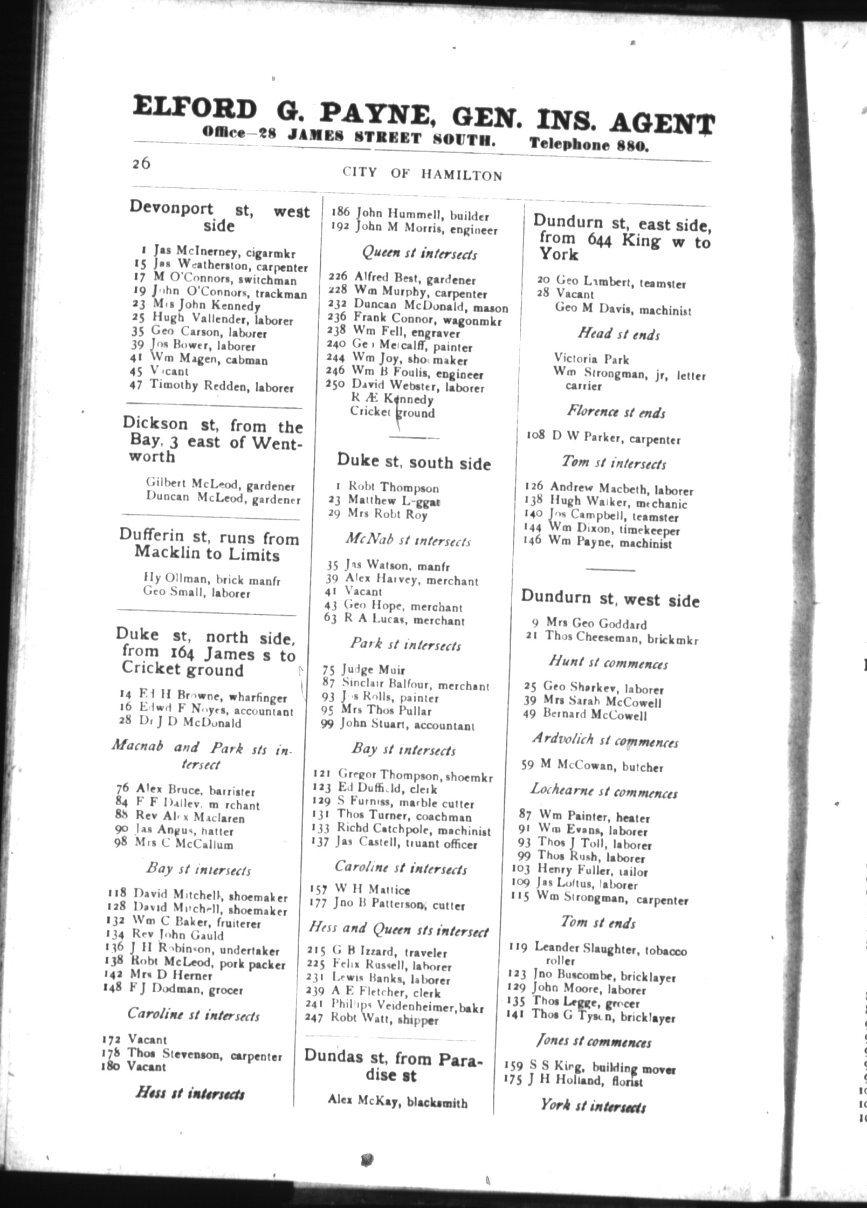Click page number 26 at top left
tap(141, 164)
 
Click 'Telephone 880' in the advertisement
tap(589, 144)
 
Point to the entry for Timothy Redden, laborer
tap(221, 386)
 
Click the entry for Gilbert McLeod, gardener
tap(221, 485)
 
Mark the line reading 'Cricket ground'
tap(392, 413)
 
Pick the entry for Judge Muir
tap(372, 670)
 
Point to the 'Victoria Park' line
tap(591, 359)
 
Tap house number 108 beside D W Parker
tap(537, 435)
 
